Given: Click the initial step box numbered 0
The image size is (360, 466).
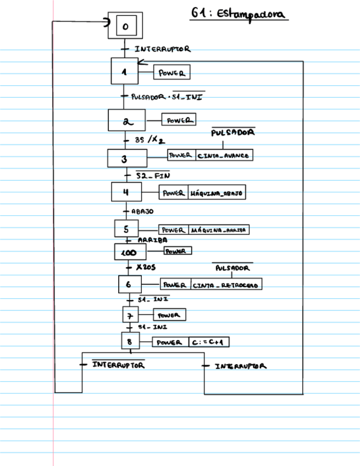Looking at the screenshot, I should click(x=125, y=26).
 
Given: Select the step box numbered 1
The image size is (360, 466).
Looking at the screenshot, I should click(x=125, y=71).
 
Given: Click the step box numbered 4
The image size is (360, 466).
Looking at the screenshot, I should click(x=126, y=192).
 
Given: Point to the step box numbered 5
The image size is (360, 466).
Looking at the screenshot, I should click(x=126, y=229).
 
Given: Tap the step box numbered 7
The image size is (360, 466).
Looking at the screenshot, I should click(x=130, y=315).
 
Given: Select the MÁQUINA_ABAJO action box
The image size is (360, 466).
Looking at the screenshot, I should click(x=217, y=193).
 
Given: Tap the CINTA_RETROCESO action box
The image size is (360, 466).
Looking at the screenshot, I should click(x=226, y=285).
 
